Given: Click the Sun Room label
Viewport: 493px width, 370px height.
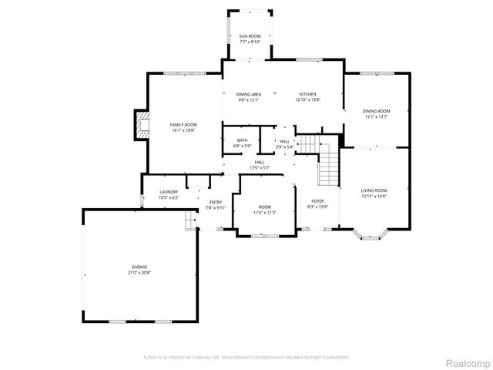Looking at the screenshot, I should [x=248, y=36].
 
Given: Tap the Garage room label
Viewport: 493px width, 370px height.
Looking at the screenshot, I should [x=139, y=267].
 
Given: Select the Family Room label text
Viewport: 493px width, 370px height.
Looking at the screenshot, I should [x=184, y=124].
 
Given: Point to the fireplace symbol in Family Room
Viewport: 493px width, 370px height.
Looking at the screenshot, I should [x=140, y=124].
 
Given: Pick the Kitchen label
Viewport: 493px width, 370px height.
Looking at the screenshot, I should [x=308, y=94].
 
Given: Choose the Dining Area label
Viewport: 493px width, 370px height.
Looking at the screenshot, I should [x=248, y=94].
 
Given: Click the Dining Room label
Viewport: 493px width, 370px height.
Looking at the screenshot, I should [x=377, y=111].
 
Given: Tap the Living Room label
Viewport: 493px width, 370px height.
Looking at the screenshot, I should [x=374, y=190].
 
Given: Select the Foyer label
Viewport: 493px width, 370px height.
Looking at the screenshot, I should [x=317, y=201].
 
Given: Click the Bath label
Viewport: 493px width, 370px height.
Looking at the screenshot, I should [x=242, y=140].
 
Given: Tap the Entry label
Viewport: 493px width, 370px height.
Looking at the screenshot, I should [x=216, y=202].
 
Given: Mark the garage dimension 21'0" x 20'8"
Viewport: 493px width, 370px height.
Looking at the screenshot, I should [x=139, y=272].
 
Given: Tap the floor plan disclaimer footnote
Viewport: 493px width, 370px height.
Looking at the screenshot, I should [x=246, y=357].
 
